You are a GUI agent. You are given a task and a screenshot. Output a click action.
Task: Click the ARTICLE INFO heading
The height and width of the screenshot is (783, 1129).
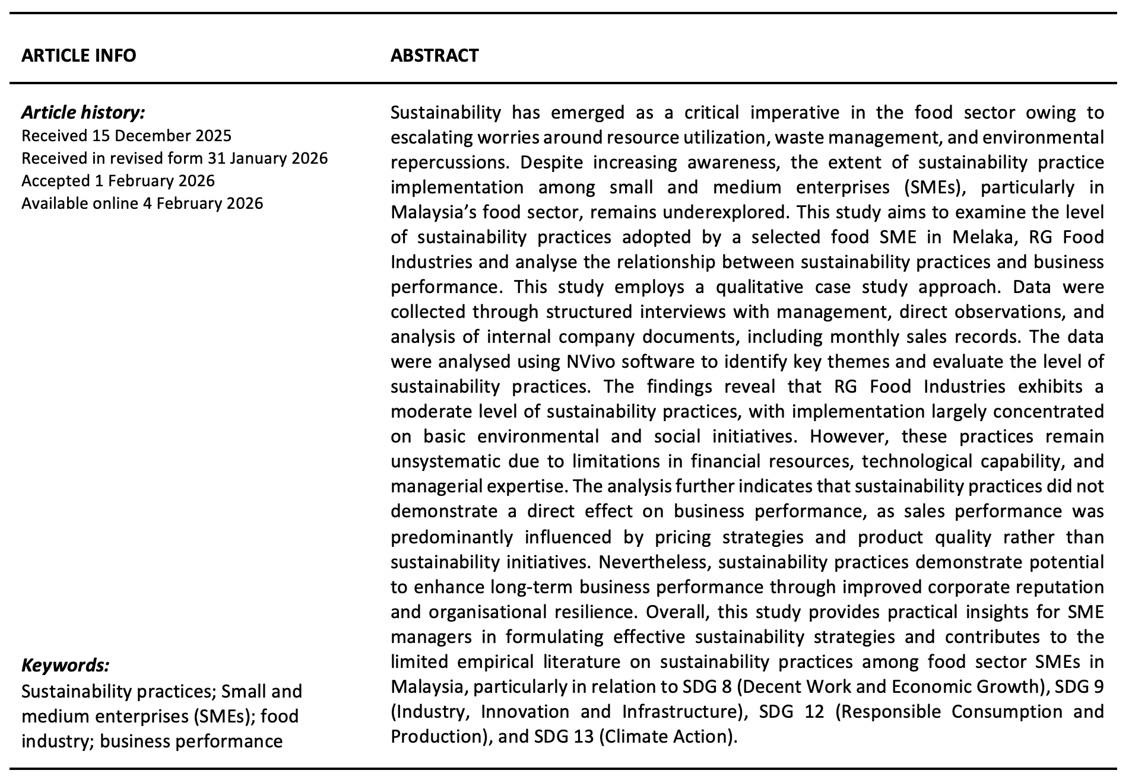(x=78, y=55)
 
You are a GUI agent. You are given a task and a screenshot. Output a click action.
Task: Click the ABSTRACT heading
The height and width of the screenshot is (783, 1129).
(x=435, y=55)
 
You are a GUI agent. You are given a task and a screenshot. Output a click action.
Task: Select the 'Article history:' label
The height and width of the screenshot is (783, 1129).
(x=83, y=112)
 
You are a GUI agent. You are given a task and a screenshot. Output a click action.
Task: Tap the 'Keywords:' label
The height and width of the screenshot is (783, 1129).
(x=65, y=666)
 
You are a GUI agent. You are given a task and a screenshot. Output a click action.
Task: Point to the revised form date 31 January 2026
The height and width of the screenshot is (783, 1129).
(x=268, y=158)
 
